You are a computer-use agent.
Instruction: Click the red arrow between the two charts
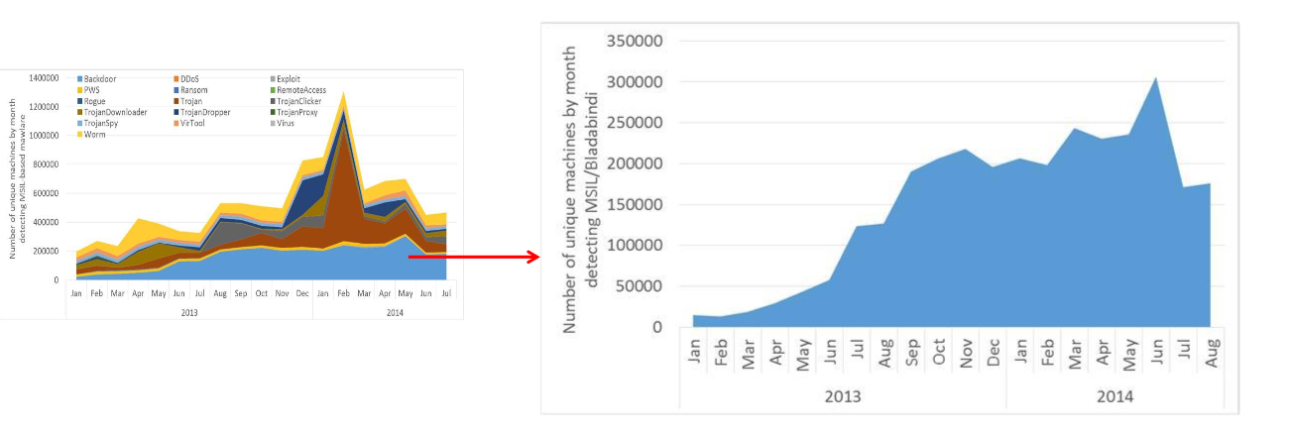click(x=473, y=257)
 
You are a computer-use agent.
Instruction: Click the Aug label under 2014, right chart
click(x=1210, y=354)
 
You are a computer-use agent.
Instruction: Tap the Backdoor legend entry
click(x=100, y=78)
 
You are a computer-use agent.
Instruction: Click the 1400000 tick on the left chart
click(x=44, y=76)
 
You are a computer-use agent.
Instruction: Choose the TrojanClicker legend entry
click(x=298, y=101)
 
